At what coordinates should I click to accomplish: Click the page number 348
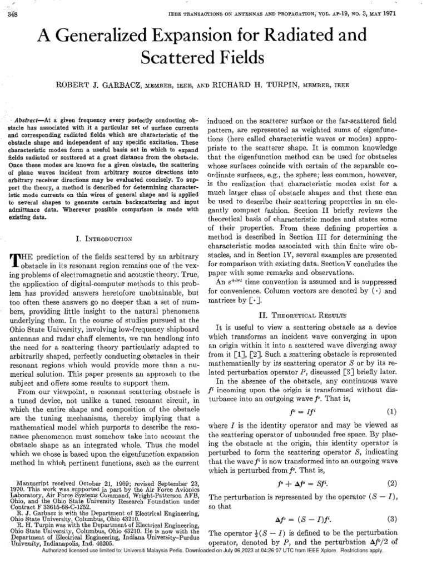coord(11,15)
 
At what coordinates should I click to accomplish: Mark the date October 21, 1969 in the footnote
coord(107,483)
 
